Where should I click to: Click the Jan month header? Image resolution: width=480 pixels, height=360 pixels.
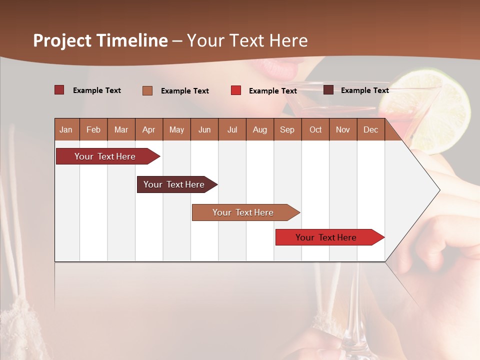(66, 129)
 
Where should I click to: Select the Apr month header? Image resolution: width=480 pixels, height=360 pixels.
(148, 129)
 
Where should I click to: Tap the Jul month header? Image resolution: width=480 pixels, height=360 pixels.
(232, 129)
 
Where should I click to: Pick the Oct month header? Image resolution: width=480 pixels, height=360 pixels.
(315, 129)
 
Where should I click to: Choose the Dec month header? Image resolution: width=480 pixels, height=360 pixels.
(370, 129)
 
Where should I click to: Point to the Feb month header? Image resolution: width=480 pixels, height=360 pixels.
(93, 129)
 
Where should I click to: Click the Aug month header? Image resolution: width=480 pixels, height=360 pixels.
(259, 129)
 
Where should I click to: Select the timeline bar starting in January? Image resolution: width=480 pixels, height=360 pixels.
(105, 156)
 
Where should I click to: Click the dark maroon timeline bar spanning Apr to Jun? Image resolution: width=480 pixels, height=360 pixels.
(174, 184)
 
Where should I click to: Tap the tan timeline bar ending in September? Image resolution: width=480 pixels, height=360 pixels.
(243, 212)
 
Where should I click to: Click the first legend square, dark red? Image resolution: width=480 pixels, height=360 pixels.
(59, 90)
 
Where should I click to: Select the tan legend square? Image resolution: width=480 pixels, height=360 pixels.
(147, 90)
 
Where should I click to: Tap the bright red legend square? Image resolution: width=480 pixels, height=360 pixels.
(236, 90)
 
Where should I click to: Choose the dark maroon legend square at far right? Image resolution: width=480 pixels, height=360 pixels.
(328, 90)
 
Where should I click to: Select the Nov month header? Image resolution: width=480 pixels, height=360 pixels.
(343, 129)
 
